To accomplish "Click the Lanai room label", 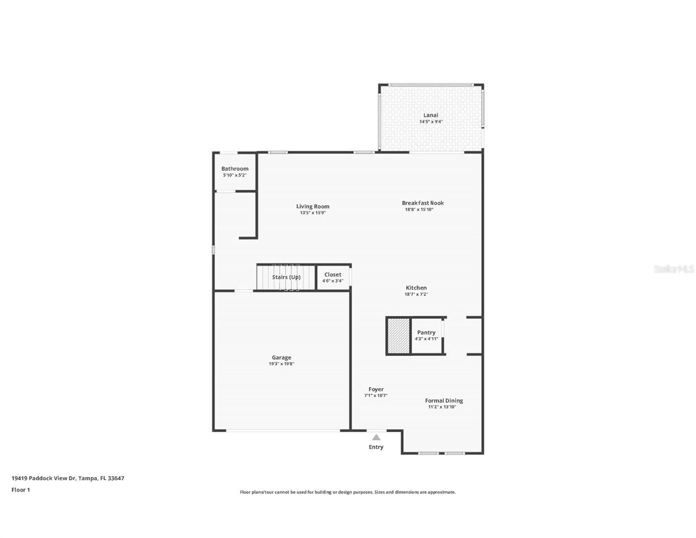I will (x=431, y=115).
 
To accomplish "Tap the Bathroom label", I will (x=235, y=169).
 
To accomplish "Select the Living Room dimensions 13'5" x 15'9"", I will (x=313, y=213).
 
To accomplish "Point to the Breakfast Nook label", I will (x=422, y=203).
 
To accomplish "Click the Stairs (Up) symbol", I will (x=286, y=278).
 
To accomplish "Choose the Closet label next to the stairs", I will (x=333, y=274).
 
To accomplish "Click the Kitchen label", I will (x=416, y=288).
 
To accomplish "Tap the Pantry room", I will (x=426, y=335).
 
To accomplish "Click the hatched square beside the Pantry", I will (x=398, y=336).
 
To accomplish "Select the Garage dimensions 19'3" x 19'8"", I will (x=281, y=364).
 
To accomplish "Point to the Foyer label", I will (x=376, y=390).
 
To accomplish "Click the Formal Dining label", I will (x=444, y=401).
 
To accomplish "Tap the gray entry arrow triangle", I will (x=376, y=438).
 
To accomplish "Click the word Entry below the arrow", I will (x=376, y=447).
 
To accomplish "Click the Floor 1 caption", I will (x=21, y=490).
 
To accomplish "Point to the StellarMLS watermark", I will (x=674, y=269).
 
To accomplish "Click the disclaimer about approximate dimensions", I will (x=348, y=492).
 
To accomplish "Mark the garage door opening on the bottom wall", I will (x=283, y=431).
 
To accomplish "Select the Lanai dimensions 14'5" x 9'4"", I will (x=431, y=121).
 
